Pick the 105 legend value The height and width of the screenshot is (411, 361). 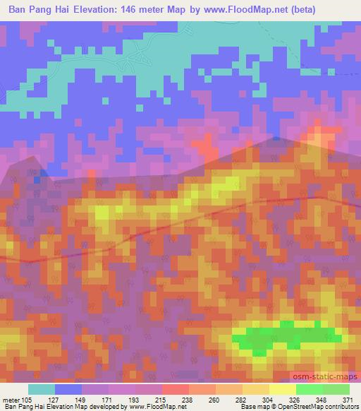27,400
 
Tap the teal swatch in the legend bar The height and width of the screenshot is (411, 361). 42,389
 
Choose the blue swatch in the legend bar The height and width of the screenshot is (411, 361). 68,389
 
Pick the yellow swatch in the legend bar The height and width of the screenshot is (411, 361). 283,389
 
